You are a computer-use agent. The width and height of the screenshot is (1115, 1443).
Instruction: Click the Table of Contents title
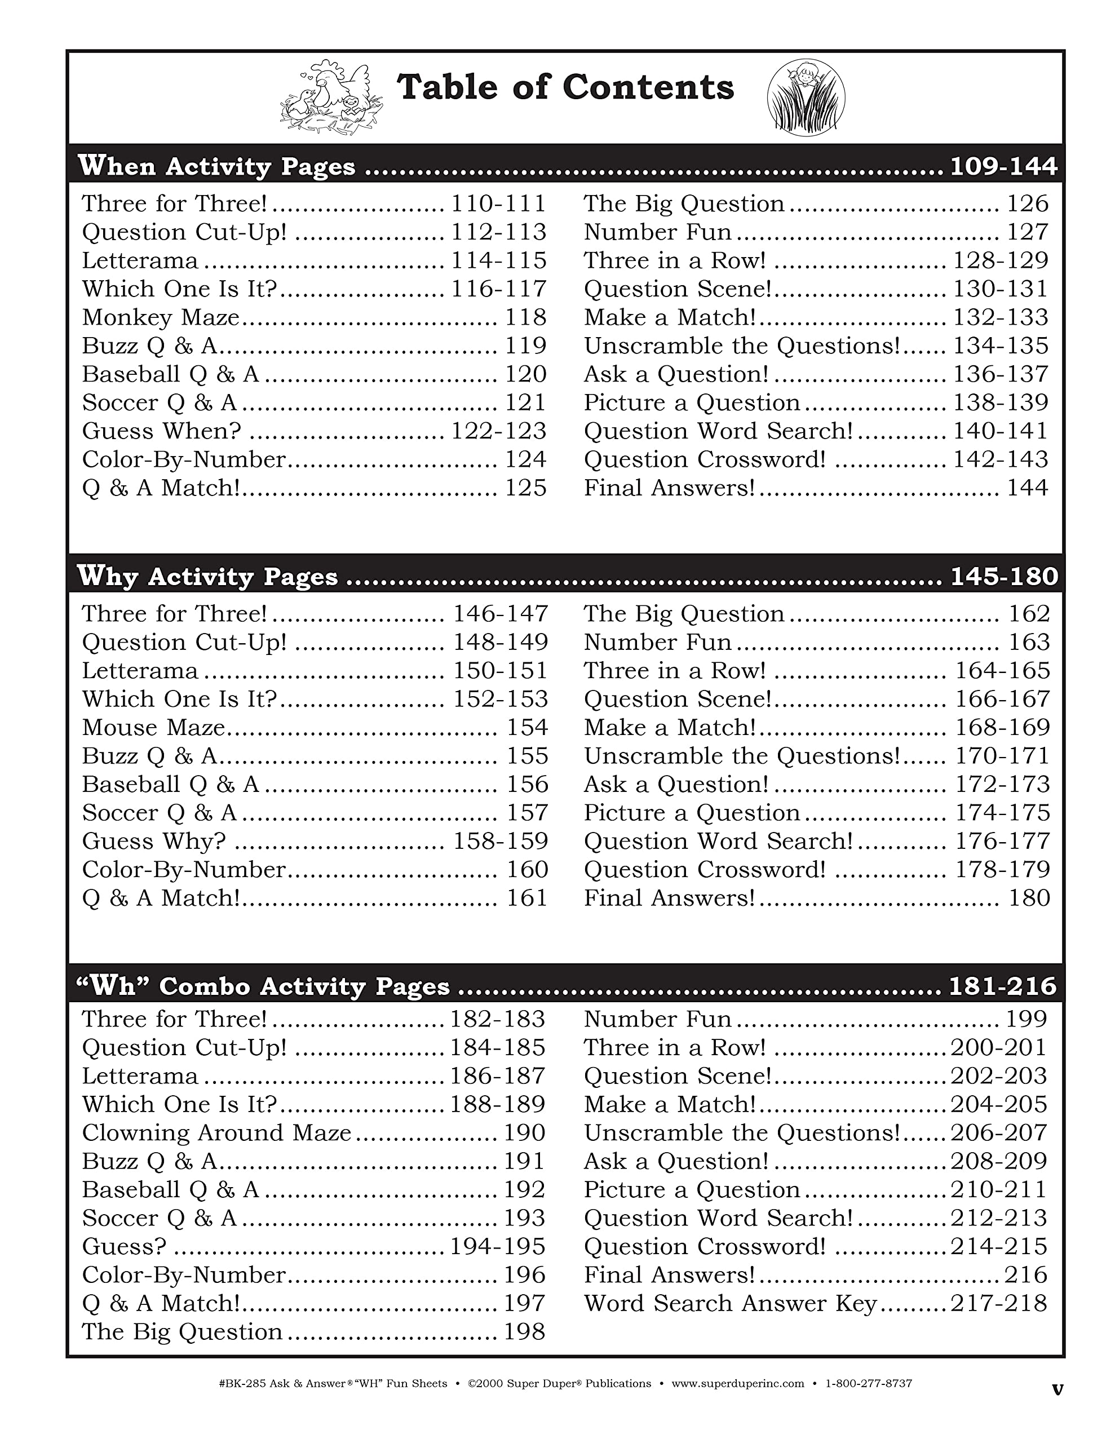coord(565,88)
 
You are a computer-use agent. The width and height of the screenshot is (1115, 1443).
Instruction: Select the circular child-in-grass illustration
coord(806,98)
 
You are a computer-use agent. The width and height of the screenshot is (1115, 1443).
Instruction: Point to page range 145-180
coord(1003,577)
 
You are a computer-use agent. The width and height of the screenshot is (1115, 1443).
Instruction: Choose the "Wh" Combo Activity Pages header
coord(263,986)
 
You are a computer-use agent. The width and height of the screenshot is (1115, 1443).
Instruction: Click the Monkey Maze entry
coord(161,318)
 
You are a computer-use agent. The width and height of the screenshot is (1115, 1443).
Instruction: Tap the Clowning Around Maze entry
coord(216,1133)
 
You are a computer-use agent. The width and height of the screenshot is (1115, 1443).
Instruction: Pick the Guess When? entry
coord(162,431)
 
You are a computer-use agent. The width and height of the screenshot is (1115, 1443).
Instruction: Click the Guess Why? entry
coord(154,841)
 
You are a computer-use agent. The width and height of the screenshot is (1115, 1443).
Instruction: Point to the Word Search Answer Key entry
coord(729,1304)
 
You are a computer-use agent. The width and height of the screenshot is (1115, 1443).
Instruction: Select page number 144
coord(1027,488)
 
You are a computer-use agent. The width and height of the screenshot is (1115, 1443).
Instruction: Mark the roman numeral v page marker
coord(1057,1389)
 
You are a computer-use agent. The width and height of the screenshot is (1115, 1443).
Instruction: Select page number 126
coord(1027,204)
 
